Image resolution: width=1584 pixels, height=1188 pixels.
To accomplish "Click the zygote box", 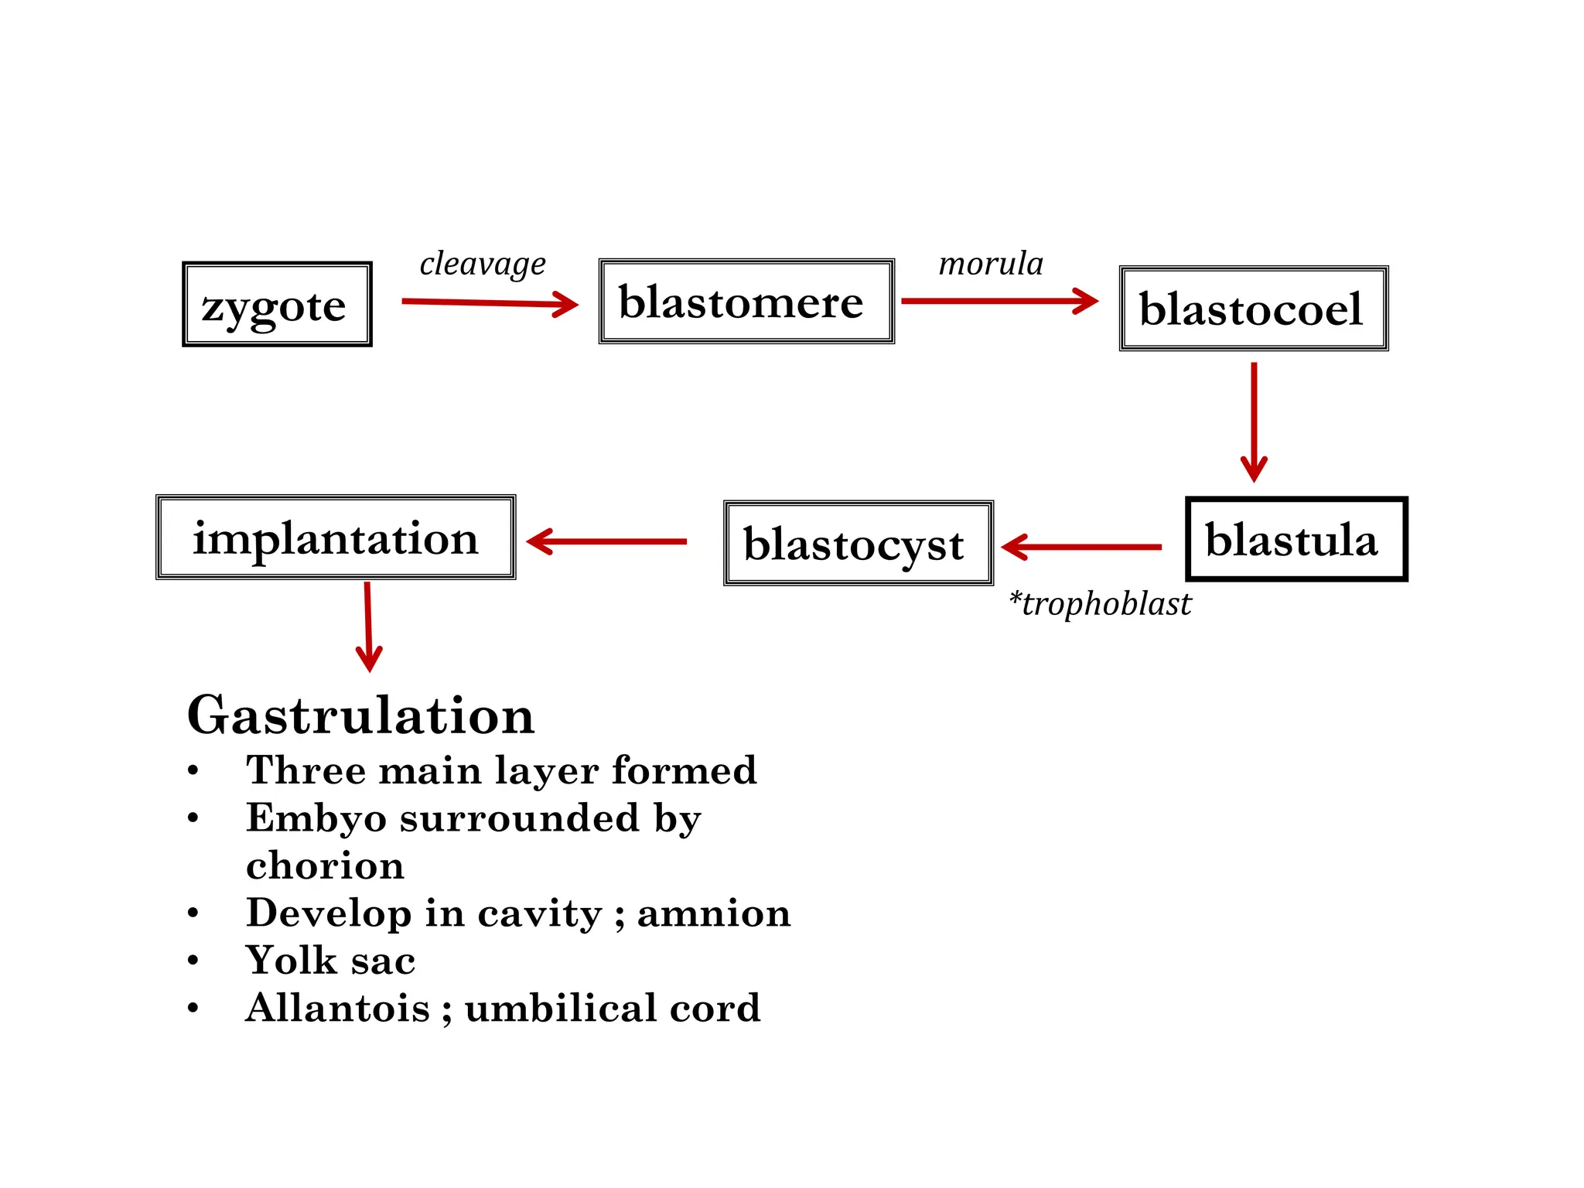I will point(277,305).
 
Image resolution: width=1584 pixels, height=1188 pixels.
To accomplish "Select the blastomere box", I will point(746,302).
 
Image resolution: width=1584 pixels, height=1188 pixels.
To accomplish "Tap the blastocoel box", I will point(1253,309).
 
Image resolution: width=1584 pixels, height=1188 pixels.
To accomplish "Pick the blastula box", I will point(1296,539).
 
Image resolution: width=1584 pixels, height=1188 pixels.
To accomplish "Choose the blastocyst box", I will point(858,543).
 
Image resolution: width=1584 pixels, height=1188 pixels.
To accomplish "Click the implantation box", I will point(336,538).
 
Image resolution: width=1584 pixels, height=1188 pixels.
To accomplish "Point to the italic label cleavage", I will point(483,264).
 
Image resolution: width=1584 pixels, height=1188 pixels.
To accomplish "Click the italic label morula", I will point(991,264).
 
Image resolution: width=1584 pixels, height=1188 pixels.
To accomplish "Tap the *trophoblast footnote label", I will point(1100,604).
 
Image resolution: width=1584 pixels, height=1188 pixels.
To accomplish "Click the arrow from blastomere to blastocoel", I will point(999,301).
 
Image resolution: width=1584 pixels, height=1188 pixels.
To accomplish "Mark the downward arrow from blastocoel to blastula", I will point(1254,422).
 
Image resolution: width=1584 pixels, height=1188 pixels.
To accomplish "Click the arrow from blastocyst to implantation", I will point(606,541).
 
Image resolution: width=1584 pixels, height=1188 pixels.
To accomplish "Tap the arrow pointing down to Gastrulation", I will point(368,626).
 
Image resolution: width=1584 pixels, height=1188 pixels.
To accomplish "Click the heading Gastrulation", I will point(360,715).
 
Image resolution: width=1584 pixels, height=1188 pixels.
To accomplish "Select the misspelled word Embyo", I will point(316,818).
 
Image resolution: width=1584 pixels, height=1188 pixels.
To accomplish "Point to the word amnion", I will point(713,913).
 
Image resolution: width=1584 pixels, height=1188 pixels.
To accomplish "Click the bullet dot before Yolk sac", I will point(193,961).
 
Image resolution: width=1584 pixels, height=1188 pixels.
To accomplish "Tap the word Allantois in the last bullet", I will point(337,1008).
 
